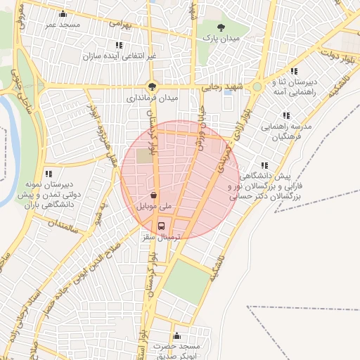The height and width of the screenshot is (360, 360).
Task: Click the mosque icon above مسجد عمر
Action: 63,14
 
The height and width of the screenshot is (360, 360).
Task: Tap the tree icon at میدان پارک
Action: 222,27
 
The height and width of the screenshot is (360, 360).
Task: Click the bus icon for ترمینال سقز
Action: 162,226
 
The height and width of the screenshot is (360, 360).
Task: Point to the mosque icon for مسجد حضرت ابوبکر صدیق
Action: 176,335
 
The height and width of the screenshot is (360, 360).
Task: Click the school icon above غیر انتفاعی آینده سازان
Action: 119,45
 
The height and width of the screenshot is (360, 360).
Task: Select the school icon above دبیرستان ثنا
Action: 294,71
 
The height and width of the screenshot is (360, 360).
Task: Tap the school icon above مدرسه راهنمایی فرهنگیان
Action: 286,115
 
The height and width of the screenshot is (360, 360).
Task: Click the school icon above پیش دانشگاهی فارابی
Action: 264,165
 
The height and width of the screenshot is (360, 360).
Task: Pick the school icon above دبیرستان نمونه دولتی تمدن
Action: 49,173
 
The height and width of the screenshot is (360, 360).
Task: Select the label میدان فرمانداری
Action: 150,99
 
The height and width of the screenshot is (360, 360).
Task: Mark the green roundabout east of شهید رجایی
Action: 257,87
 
